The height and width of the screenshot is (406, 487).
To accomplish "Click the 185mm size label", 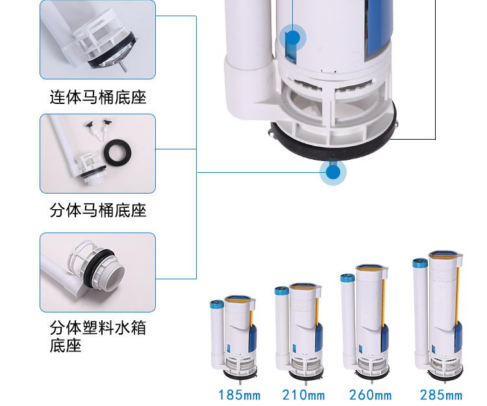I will click(x=239, y=394).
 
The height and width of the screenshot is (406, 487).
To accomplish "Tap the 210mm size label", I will click(x=303, y=394).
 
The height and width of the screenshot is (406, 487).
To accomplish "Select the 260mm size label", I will click(x=369, y=394).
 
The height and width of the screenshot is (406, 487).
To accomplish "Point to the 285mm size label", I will click(x=441, y=394).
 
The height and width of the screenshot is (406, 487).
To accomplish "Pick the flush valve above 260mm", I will click(x=366, y=325).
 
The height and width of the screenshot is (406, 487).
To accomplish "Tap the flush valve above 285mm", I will click(x=438, y=318).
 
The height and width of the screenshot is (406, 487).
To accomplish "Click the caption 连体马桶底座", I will click(x=98, y=97).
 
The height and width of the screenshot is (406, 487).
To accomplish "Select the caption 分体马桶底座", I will click(x=98, y=210).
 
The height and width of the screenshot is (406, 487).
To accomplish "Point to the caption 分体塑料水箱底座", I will click(x=98, y=336).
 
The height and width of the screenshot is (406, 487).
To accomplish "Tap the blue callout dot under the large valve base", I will click(x=333, y=173).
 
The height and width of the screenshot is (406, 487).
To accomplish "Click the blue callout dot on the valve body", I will click(x=293, y=38).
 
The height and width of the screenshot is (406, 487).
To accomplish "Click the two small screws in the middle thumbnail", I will click(x=97, y=129).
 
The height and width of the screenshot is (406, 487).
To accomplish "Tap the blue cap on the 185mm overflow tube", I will click(x=216, y=303).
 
